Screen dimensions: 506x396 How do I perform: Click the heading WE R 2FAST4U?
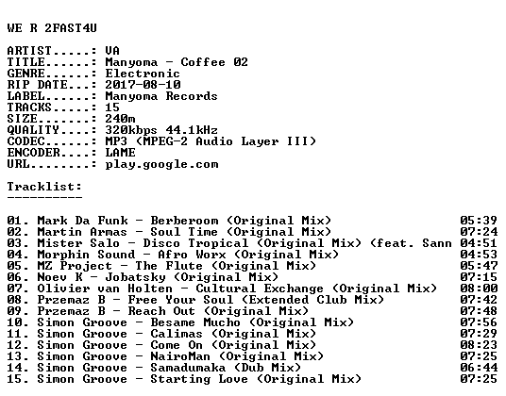(x=52, y=28)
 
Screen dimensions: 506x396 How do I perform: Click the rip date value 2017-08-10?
(x=143, y=85)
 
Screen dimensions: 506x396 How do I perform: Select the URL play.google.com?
(x=161, y=165)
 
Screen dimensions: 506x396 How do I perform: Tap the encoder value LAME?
(x=120, y=153)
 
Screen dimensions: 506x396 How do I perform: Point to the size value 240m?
(x=120, y=119)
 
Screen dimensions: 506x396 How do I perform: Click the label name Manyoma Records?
(x=161, y=96)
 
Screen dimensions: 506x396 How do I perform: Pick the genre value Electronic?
(x=143, y=74)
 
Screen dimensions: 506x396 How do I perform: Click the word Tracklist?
(x=42, y=187)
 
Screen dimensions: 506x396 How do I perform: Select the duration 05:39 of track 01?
(x=479, y=221)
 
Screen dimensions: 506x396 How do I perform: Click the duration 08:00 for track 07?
(x=479, y=289)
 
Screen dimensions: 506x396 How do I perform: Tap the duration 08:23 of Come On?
(x=479, y=345)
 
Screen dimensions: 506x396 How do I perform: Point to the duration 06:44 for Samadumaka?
(x=479, y=368)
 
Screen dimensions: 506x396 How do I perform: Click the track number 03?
(x=14, y=243)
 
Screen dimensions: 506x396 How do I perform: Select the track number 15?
(x=14, y=379)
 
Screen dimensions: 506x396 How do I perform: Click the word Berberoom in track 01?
(x=184, y=221)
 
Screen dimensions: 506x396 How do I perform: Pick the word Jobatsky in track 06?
(x=136, y=278)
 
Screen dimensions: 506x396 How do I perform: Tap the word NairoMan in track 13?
(x=180, y=356)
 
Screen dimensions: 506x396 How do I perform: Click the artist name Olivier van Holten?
(x=105, y=289)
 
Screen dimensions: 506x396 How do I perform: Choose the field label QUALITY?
(x=33, y=130)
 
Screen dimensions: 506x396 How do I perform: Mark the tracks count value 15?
(x=112, y=107)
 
